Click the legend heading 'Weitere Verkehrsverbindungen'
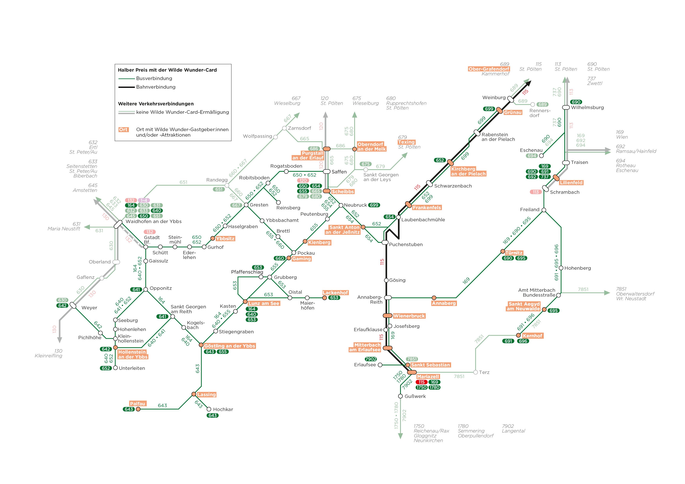156,104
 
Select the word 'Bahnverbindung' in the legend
156,87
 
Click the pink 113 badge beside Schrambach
536,192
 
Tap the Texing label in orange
406,142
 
